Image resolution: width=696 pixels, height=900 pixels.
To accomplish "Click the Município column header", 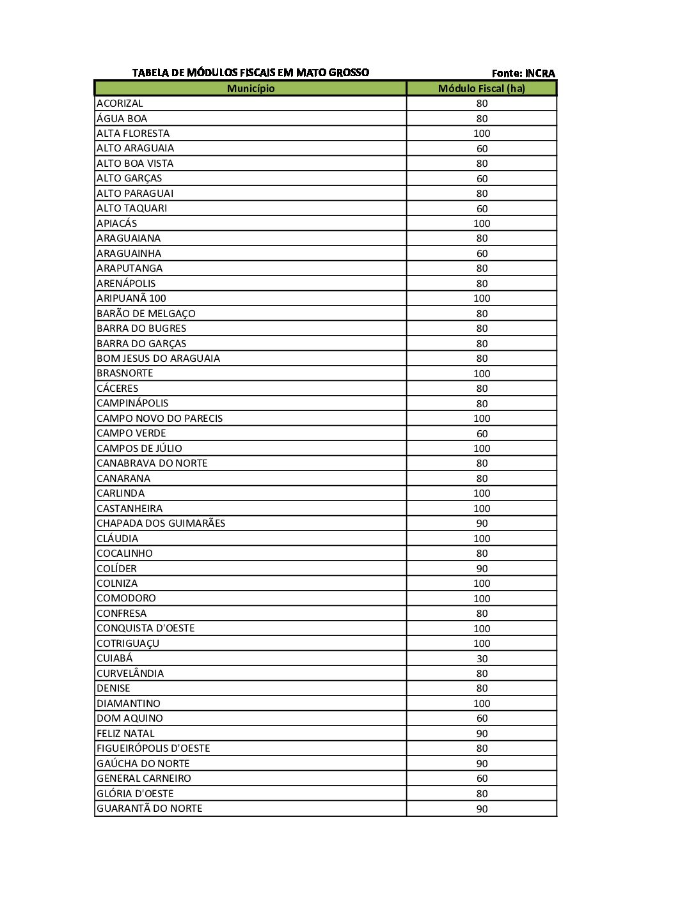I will [x=250, y=88].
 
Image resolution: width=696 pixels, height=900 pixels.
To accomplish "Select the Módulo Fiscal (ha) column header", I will [x=481, y=88].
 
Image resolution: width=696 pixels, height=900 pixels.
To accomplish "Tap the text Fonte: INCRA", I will [x=523, y=73].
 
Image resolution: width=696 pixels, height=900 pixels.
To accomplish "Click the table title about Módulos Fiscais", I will [x=250, y=73].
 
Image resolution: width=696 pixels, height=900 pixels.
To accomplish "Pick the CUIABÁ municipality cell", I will [x=115, y=658].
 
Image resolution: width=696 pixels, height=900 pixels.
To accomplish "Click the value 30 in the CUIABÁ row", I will [x=482, y=658].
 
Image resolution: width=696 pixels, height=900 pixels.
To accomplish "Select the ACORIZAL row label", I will [x=120, y=104].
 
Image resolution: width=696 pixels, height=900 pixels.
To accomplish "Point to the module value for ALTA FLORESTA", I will [x=482, y=134].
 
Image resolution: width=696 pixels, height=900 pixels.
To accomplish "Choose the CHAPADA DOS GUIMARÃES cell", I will [x=161, y=524].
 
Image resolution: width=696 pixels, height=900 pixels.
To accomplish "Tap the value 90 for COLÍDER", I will [x=482, y=568].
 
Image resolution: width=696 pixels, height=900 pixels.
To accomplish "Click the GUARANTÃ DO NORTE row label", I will [x=149, y=809].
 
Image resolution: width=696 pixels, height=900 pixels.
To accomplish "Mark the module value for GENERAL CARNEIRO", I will [x=482, y=779].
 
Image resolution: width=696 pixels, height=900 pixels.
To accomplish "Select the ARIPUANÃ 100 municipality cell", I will [x=131, y=299].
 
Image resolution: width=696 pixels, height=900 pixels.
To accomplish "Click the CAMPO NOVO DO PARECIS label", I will [x=159, y=419].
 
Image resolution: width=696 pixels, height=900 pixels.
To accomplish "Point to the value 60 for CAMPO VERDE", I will [x=482, y=433].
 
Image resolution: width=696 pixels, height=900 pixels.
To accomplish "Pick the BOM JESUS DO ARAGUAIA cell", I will [x=158, y=359].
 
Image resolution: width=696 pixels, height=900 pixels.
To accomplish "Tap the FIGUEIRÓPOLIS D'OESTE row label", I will [x=153, y=749].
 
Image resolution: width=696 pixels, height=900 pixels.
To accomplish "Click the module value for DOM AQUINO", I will [x=482, y=718].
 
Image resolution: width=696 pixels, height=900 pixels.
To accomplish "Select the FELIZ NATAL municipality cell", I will [x=125, y=734].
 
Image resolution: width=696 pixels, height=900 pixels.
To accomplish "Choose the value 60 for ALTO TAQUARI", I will [x=482, y=208].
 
